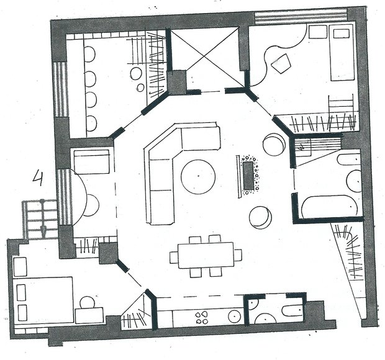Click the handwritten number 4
[38, 178]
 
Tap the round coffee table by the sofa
[198, 177]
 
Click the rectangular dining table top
[206, 255]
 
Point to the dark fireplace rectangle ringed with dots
[248, 176]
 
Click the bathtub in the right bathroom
[330, 207]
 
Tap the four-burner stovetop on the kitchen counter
[202, 318]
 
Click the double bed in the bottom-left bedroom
[43, 300]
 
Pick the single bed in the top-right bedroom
[342, 52]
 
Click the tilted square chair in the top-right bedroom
[281, 63]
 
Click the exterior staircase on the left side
[40, 219]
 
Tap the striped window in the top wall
[301, 16]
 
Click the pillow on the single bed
[342, 34]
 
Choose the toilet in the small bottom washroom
[292, 310]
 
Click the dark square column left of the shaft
[177, 83]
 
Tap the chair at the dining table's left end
[174, 257]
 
